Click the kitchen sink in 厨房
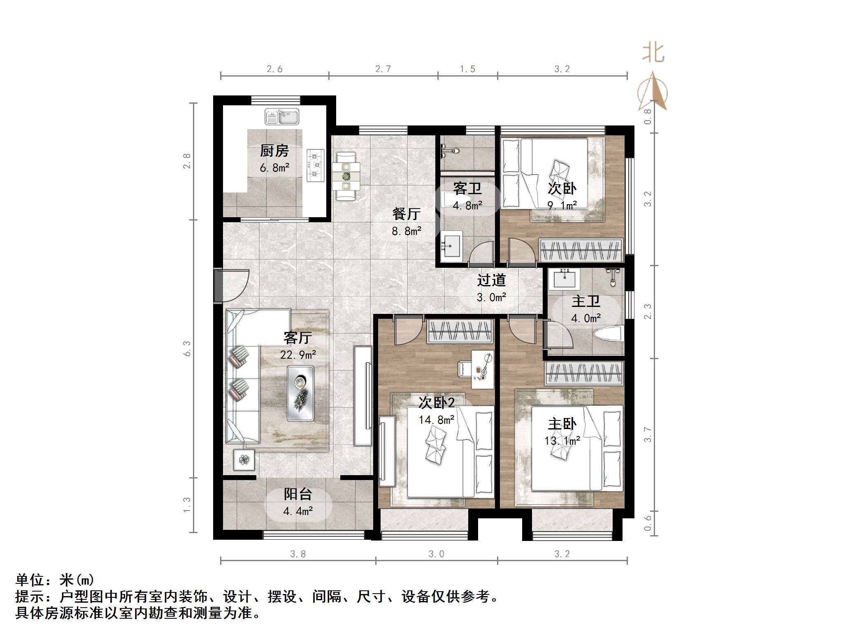pyautogui.click(x=282, y=116)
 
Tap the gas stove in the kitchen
pyautogui.click(x=315, y=165)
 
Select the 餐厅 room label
pyautogui.click(x=406, y=214)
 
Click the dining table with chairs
pyautogui.click(x=346, y=176)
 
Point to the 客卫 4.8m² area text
pyautogui.click(x=467, y=205)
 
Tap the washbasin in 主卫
pyautogui.click(x=565, y=279)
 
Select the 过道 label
pyautogui.click(x=491, y=280)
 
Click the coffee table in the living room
pyautogui.click(x=300, y=393)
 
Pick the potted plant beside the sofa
pyautogui.click(x=244, y=460)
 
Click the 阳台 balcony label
pyautogui.click(x=298, y=494)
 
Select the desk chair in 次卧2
pyautogui.click(x=465, y=368)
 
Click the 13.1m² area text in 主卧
pyautogui.click(x=562, y=441)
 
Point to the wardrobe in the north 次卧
pyautogui.click(x=581, y=249)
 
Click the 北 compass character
pyautogui.click(x=653, y=53)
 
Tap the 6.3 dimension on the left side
pyautogui.click(x=187, y=348)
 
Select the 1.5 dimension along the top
pyautogui.click(x=467, y=69)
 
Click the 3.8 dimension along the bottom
pyautogui.click(x=298, y=554)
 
